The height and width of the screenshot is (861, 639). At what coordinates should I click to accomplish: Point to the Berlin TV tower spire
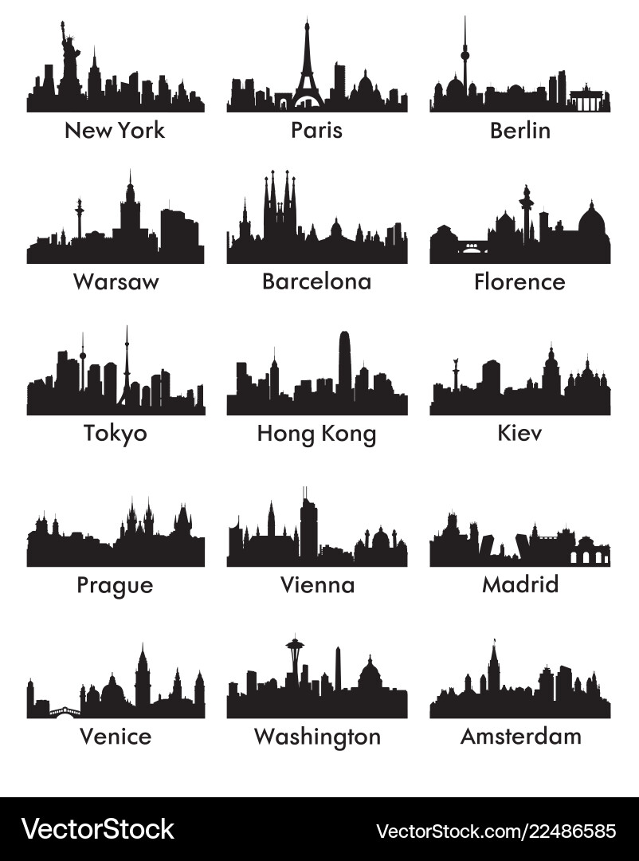(x=465, y=56)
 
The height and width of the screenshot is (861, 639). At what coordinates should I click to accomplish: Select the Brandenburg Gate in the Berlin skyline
(x=589, y=100)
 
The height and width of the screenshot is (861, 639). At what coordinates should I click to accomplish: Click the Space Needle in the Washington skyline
(x=296, y=662)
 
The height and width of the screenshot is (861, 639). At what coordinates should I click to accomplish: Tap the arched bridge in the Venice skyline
(x=65, y=712)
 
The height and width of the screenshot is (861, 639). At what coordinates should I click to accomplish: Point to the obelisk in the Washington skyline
(x=338, y=670)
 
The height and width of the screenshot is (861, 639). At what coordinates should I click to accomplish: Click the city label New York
(x=115, y=130)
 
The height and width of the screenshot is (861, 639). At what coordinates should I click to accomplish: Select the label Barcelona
(x=316, y=281)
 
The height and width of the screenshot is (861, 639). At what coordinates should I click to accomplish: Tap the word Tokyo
(x=115, y=433)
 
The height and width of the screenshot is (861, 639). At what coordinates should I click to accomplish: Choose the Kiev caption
(x=519, y=433)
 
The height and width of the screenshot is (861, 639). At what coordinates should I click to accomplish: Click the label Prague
(x=115, y=585)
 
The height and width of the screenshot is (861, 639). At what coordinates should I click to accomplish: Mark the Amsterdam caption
(x=520, y=736)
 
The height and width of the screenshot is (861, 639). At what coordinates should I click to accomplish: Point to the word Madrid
(x=520, y=584)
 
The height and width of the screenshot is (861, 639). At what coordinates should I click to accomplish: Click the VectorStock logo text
(x=98, y=829)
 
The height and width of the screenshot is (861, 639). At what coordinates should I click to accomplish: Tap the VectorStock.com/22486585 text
(x=496, y=831)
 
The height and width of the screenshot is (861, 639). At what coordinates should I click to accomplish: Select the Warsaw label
(x=115, y=281)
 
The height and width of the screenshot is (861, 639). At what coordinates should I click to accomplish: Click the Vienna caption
(x=317, y=584)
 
